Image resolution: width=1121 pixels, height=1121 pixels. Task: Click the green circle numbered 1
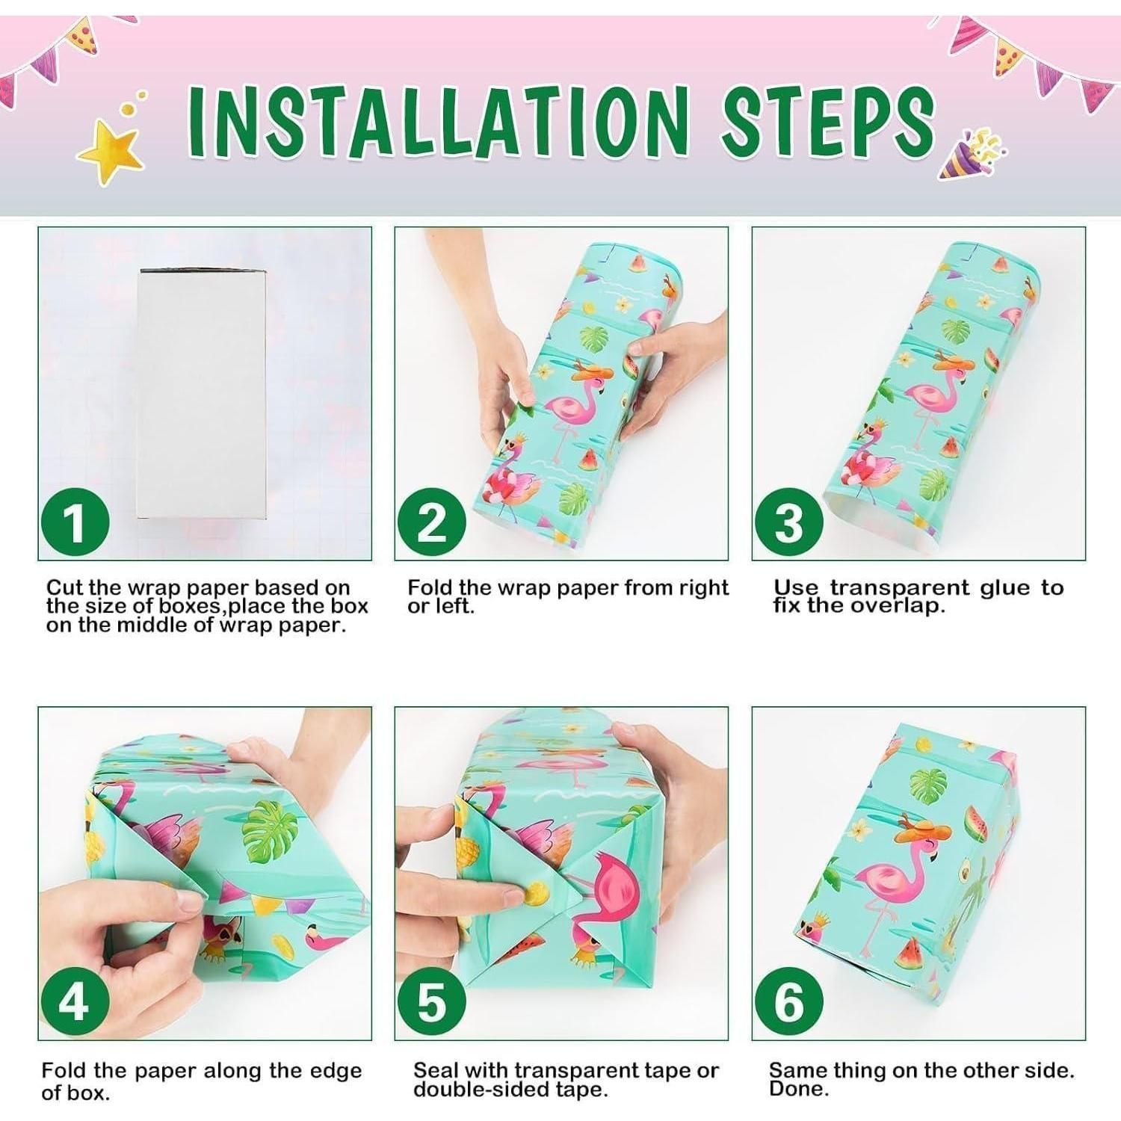tap(75, 522)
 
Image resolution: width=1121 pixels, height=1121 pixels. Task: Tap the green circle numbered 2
tap(431, 522)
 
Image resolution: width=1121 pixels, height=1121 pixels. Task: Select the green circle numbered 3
tap(788, 522)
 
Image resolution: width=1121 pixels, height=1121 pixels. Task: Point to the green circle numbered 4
tap(75, 1001)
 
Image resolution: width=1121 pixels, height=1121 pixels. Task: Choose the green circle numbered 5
tap(431, 1001)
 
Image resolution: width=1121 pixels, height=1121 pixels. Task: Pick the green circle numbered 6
tap(788, 1001)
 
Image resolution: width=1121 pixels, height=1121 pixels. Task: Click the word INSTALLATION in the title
tap(438, 122)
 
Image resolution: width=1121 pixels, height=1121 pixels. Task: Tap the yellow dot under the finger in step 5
tap(536, 892)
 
